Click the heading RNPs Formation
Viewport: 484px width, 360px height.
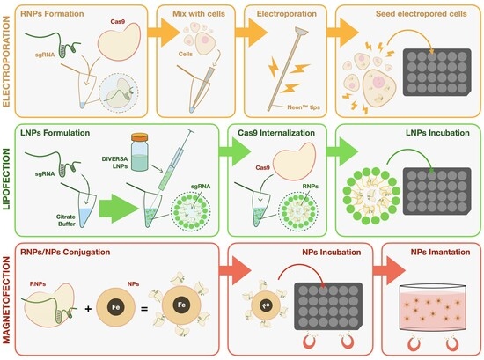tap(52, 14)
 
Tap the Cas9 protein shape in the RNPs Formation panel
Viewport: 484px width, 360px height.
tap(119, 41)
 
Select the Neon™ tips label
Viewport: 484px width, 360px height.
tap(304, 107)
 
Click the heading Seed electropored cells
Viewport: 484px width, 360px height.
tap(421, 14)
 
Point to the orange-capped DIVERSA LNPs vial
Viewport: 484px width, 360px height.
tap(140, 152)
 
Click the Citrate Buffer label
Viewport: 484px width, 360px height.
tap(66, 220)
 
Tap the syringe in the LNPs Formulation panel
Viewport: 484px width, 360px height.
tap(175, 159)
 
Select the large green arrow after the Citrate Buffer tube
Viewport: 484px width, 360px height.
tap(119, 209)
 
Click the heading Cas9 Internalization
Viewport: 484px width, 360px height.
tap(276, 133)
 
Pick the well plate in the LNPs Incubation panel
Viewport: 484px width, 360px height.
tap(437, 191)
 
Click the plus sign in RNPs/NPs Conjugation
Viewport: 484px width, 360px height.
tap(88, 308)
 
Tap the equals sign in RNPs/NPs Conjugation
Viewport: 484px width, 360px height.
tap(144, 308)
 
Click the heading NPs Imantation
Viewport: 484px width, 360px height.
tap(441, 252)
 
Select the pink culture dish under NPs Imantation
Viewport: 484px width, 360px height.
tap(433, 308)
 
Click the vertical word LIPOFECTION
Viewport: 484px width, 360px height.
tap(6, 180)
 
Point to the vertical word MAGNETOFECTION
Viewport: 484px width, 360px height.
tap(6, 300)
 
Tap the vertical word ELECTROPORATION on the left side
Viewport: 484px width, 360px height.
tap(6, 62)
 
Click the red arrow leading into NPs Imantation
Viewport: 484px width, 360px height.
tap(389, 270)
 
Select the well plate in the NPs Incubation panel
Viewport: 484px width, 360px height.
tap(328, 306)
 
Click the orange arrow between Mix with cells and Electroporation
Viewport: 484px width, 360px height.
tap(251, 33)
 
